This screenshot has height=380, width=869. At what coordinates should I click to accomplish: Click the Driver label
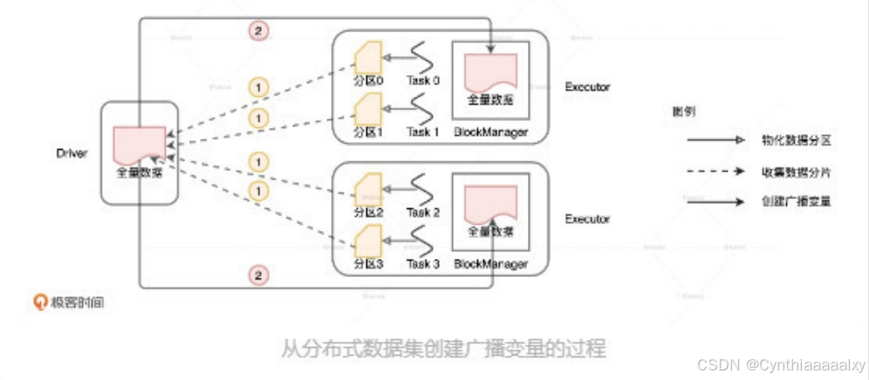pyautogui.click(x=72, y=153)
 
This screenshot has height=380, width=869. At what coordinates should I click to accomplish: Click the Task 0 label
pyautogui.click(x=423, y=81)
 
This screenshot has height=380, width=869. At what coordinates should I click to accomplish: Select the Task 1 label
pyautogui.click(x=423, y=132)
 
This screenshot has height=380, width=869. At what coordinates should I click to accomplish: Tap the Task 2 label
pyautogui.click(x=423, y=212)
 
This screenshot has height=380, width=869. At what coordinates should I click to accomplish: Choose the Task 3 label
pyautogui.click(x=423, y=263)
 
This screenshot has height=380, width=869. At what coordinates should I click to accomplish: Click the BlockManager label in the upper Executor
pyautogui.click(x=490, y=132)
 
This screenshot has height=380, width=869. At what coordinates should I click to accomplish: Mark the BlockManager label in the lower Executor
pyautogui.click(x=490, y=263)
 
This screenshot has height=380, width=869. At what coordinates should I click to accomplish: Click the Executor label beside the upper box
pyautogui.click(x=587, y=87)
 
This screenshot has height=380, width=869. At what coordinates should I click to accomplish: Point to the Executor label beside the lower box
pyautogui.click(x=587, y=219)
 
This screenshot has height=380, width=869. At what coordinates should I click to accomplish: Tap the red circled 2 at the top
pyautogui.click(x=257, y=31)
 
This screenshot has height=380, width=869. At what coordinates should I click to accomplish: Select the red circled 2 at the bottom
pyautogui.click(x=257, y=275)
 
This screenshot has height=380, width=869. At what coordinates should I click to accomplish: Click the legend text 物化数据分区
pyautogui.click(x=794, y=139)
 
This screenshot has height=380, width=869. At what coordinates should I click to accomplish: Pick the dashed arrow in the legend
pyautogui.click(x=715, y=170)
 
